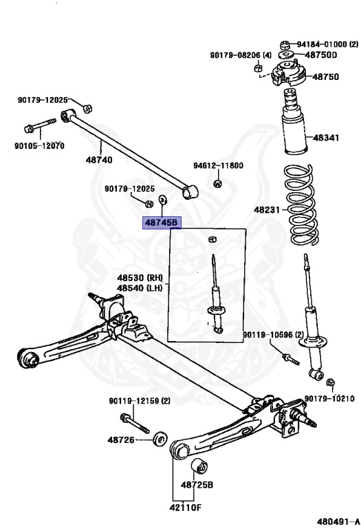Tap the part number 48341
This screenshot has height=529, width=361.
click(325, 138)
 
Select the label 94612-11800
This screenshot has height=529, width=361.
click(218, 166)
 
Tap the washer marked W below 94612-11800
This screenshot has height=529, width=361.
click(218, 183)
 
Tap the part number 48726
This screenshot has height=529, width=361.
click(120, 439)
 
